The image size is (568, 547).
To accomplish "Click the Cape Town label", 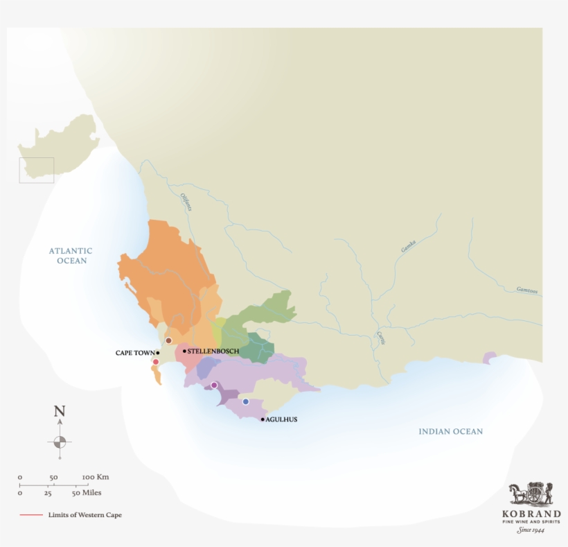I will point(135,353).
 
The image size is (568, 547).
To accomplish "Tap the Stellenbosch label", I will point(213,351).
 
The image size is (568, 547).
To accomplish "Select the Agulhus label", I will point(282,419).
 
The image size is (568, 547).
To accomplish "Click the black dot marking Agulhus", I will point(263,419).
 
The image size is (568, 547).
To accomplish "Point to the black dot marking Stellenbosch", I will point(184,351).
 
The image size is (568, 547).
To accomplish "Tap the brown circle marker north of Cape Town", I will point(168,340).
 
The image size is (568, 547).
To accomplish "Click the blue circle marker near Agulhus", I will point(245,401).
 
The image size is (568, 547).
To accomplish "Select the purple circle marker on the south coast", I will point(214,385).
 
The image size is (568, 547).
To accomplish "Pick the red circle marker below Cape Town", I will point(156,362).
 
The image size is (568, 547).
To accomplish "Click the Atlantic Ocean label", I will point(71,255).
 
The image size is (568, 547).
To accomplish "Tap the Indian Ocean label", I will point(450,431).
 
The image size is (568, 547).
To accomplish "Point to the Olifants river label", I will point(185,201).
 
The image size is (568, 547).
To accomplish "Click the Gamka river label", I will point(407,245).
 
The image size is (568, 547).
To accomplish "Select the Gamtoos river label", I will point(526,290).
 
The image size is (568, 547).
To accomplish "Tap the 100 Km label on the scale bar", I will point(96,477).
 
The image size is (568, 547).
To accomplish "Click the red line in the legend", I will point(31,515).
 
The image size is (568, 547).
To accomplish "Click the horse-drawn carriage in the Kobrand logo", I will point(531,495).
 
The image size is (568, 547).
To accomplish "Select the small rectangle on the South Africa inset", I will point(36,170).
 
